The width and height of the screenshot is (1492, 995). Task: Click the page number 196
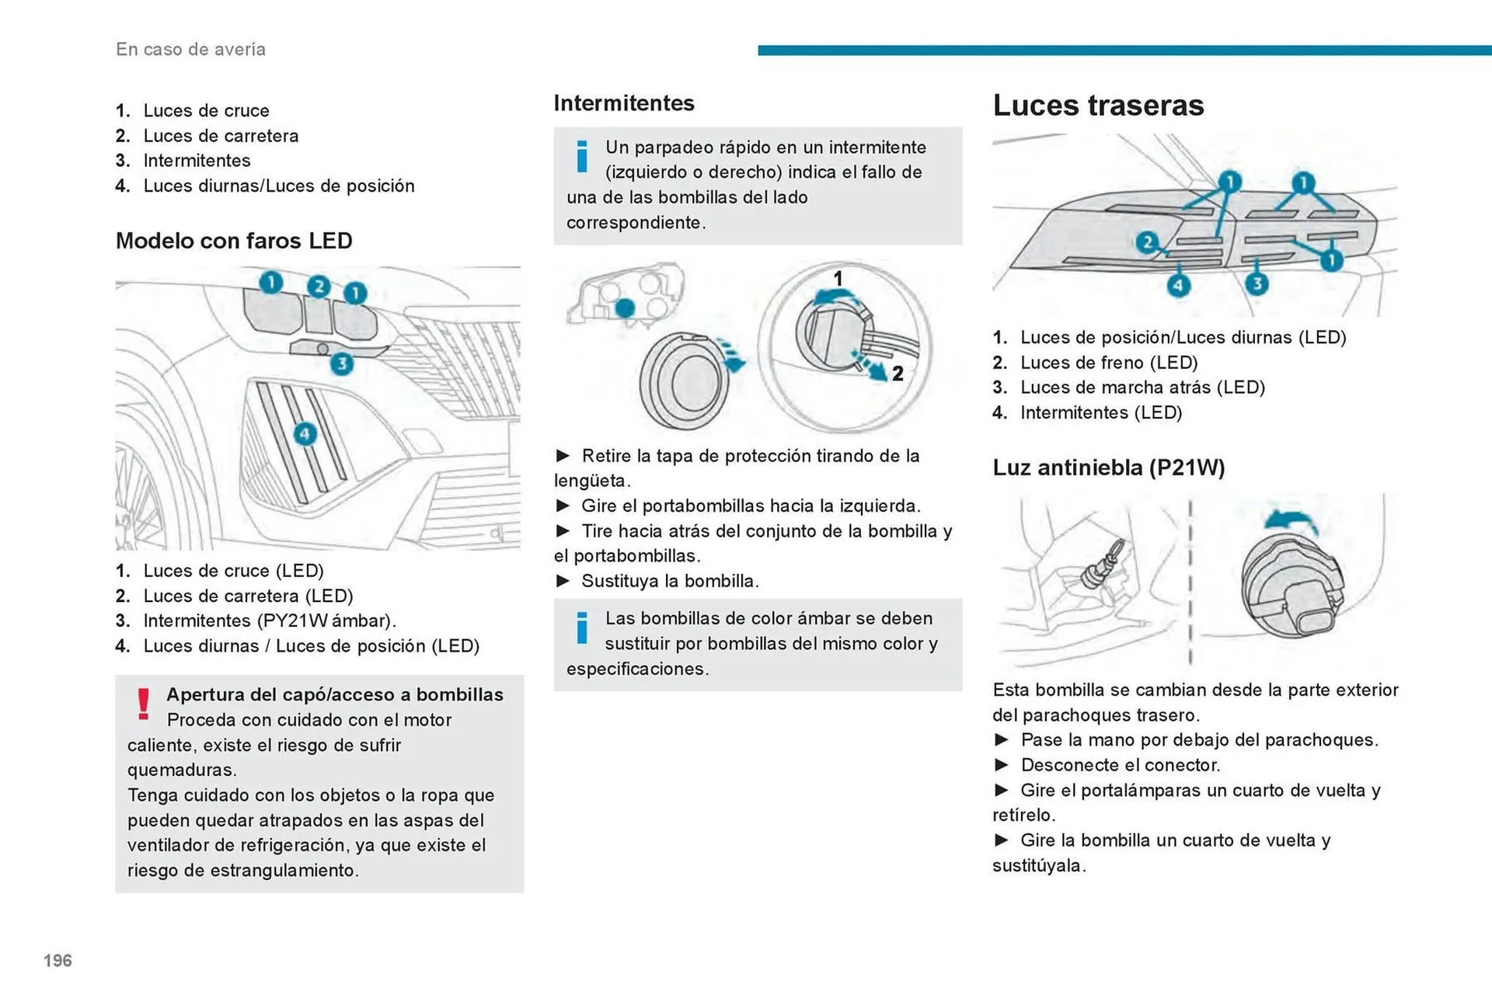click(58, 961)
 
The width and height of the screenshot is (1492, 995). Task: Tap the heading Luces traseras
click(1097, 105)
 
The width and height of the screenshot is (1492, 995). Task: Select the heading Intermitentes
click(623, 103)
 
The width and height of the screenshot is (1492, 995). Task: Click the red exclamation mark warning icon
click(143, 704)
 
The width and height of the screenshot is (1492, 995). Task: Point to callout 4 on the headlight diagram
click(305, 433)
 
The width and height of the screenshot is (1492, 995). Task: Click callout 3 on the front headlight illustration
click(341, 364)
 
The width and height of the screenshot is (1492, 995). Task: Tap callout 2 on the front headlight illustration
click(318, 287)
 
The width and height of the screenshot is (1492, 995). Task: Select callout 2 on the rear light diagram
click(1147, 242)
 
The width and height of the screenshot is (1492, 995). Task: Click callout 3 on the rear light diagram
click(1257, 284)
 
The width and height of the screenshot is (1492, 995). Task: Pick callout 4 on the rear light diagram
click(1178, 285)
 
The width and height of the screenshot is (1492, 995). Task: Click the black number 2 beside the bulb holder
click(898, 374)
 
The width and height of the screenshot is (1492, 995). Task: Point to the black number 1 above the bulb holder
click(838, 277)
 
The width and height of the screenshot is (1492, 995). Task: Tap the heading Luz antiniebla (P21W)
click(1108, 467)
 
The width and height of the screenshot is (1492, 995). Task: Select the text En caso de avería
click(190, 49)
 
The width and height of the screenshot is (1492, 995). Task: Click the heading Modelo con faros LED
click(234, 241)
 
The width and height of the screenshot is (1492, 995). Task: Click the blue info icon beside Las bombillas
click(581, 628)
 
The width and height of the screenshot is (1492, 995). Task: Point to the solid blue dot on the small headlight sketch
click(625, 308)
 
